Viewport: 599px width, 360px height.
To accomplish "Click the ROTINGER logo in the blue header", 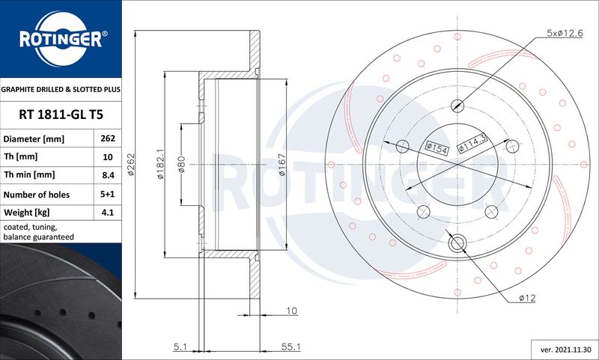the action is point(62,39).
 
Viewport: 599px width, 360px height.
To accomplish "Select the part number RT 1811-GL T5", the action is point(61,115).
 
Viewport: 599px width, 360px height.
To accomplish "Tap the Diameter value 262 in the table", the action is point(108,138).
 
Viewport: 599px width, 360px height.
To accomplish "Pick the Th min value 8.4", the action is point(108,175).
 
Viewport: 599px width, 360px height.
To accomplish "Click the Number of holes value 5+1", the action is point(108,194).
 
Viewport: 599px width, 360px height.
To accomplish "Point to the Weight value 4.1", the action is point(108,213).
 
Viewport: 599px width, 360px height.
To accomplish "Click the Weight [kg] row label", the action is point(27,213).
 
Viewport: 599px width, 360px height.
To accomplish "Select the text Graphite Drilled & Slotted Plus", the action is point(61,90).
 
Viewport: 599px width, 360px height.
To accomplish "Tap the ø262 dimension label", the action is point(130,165).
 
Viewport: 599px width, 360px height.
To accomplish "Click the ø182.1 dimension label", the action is point(160,164).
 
